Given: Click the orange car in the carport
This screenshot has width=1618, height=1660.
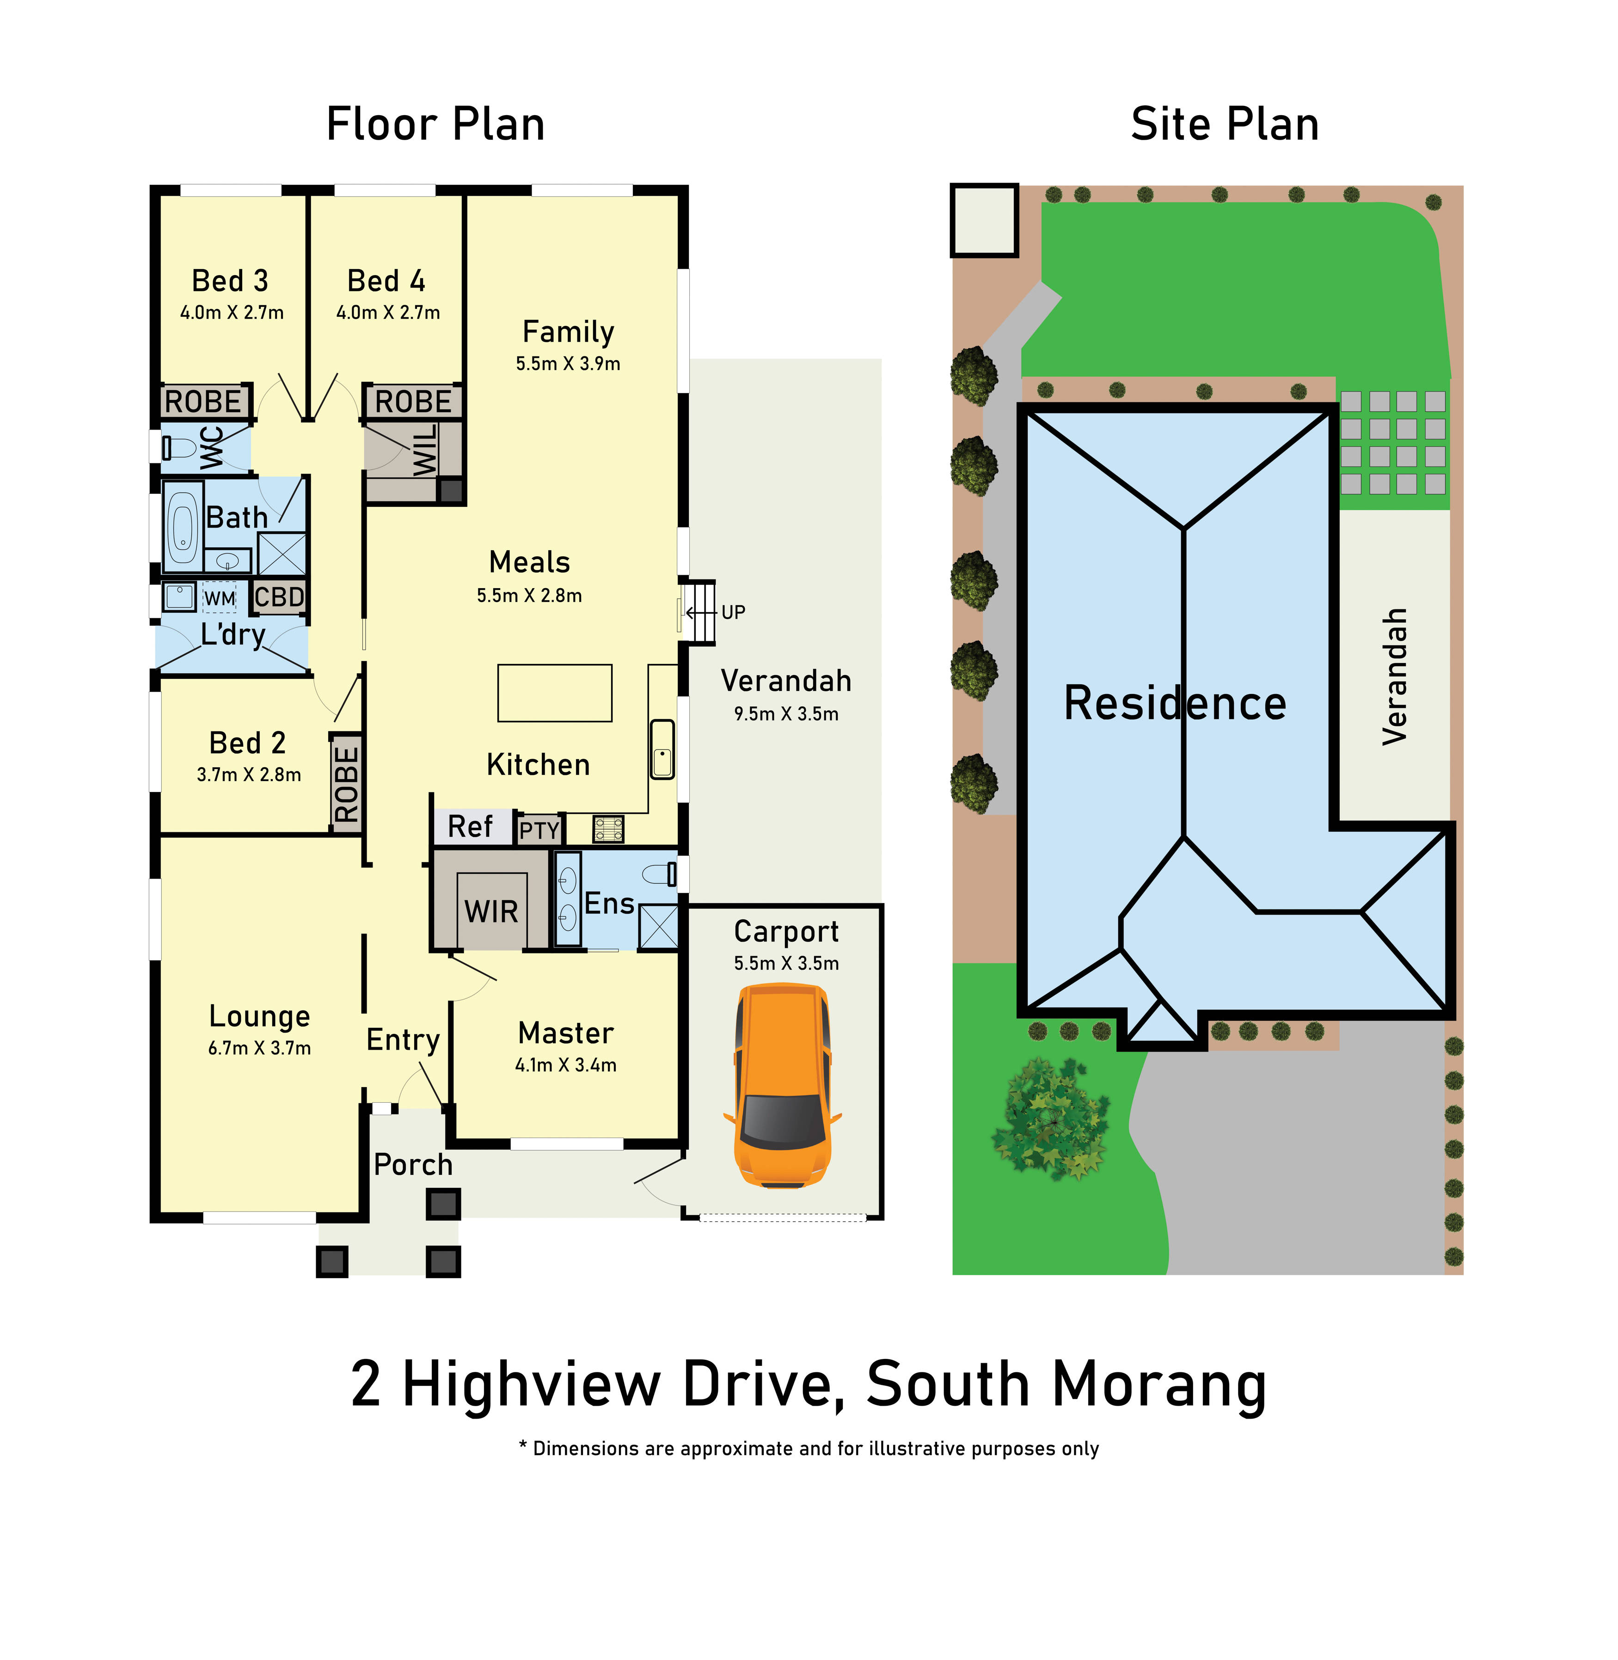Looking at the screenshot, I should (x=782, y=1085).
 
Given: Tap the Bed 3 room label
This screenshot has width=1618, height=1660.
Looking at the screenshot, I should (x=229, y=281).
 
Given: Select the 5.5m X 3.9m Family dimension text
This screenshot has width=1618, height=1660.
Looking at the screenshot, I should (x=568, y=364).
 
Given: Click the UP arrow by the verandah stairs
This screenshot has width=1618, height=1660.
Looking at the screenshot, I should (x=701, y=612).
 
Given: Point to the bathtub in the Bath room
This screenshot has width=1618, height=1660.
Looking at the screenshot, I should (x=183, y=527).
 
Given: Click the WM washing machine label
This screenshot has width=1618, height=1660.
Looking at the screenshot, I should (x=219, y=598).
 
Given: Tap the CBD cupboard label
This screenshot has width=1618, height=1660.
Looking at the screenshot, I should (x=279, y=596).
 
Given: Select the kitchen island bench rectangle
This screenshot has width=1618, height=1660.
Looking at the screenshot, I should (x=554, y=693).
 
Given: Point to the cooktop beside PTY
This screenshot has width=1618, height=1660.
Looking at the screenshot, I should (x=608, y=829).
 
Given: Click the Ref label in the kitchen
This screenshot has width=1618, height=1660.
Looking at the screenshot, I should (x=470, y=826).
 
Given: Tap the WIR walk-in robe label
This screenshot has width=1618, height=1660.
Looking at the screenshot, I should (x=491, y=911).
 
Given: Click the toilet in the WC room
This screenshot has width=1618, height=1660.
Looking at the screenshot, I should (x=178, y=447).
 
